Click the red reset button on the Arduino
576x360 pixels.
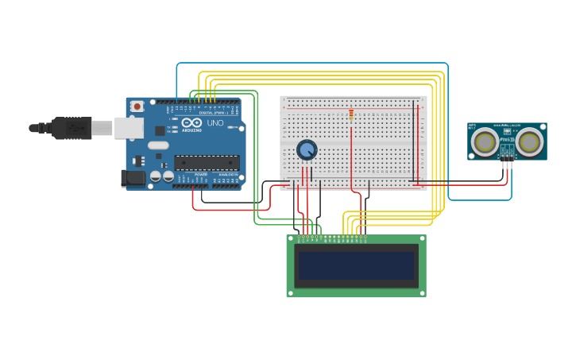(137, 106)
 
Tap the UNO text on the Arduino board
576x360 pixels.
(215, 123)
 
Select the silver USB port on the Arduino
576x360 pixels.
(129, 127)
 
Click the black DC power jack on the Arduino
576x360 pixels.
(133, 178)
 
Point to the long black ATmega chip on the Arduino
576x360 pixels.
(207, 162)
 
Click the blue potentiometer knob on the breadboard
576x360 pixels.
(307, 149)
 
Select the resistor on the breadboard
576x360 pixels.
(351, 116)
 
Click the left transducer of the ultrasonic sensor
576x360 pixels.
(484, 141)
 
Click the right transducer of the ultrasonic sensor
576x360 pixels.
(530, 141)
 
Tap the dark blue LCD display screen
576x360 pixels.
(356, 265)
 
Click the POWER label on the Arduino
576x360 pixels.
(201, 174)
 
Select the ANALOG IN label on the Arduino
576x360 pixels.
(227, 174)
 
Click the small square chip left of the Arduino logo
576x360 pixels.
(160, 130)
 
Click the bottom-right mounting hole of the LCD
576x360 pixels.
(421, 292)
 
